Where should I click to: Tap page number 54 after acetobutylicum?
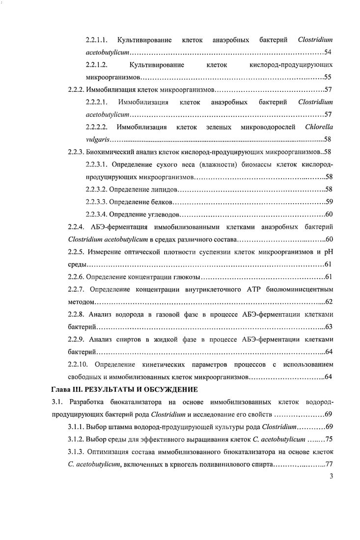(329, 52)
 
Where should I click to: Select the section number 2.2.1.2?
(97, 65)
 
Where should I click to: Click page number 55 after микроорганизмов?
(329, 78)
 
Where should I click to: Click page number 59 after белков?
(330, 202)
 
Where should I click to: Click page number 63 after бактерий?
(330, 327)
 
